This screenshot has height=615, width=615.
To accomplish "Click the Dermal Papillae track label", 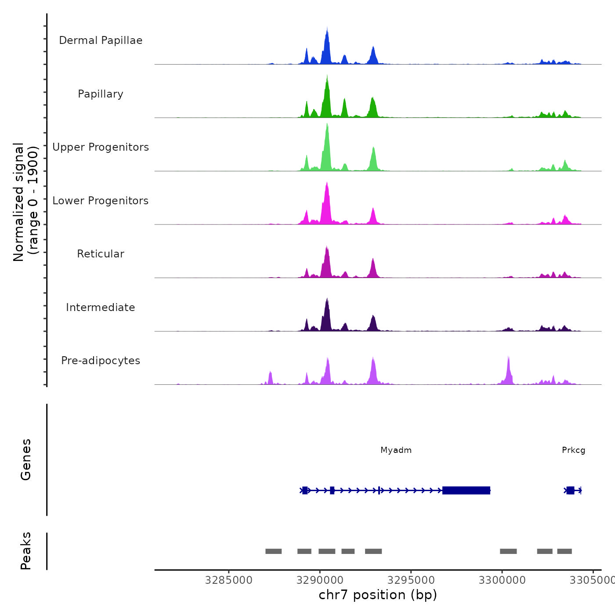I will [x=101, y=40].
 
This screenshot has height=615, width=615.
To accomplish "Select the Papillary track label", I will [x=101, y=94].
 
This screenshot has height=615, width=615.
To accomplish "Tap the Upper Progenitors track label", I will [x=101, y=147].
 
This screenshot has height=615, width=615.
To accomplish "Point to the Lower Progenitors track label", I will [x=101, y=201].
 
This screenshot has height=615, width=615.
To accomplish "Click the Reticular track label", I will [x=101, y=254].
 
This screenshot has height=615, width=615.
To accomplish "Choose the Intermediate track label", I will [x=101, y=307].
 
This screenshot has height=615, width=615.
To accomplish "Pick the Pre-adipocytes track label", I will [x=101, y=361].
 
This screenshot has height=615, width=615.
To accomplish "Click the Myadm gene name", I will [x=396, y=450].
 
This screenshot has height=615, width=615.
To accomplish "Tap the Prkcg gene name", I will [x=573, y=450].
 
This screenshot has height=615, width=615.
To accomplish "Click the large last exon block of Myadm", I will [x=466, y=490].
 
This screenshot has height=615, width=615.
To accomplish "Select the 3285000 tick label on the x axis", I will [x=228, y=580].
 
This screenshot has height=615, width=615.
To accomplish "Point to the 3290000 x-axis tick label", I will [x=320, y=580].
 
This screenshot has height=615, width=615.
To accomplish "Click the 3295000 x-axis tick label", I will [x=411, y=580].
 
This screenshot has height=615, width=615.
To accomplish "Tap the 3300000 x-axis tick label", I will [x=502, y=580].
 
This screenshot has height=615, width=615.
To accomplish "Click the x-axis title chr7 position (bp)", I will [x=378, y=595].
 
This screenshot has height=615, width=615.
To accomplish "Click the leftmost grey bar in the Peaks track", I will [x=273, y=551].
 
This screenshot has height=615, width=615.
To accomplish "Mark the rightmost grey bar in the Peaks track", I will [x=564, y=551].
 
